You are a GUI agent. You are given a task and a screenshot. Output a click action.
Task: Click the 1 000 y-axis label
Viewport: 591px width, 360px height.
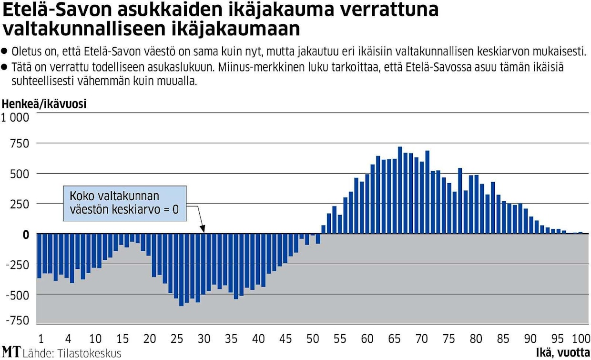click(15, 117)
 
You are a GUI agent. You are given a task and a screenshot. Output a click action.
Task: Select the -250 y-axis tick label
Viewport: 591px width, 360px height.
click(17, 265)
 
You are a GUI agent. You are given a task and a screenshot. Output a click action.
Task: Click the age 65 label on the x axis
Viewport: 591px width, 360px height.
click(394, 339)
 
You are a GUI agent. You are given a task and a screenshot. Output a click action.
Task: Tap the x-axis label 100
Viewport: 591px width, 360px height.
click(580, 339)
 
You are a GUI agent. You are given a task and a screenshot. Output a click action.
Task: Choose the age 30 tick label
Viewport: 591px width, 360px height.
click(204, 339)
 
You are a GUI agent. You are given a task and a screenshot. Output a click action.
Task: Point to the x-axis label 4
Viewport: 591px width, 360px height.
click(68, 339)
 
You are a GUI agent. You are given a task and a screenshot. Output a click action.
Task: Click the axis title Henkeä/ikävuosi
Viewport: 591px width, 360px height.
click(45, 104)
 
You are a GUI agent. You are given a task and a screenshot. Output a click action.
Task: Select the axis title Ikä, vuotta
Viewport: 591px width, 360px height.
click(563, 353)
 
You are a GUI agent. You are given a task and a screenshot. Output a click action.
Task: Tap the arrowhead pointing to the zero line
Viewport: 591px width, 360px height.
click(203, 230)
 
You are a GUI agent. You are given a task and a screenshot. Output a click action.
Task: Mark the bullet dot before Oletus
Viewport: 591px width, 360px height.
click(5, 50)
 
